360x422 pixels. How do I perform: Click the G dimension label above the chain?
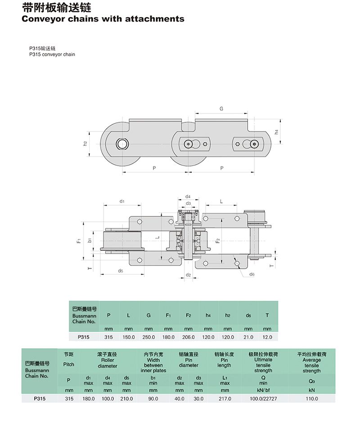(221, 109)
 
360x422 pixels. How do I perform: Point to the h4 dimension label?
(276, 132)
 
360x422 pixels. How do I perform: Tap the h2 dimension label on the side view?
(85, 144)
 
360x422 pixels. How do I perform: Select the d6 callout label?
(252, 274)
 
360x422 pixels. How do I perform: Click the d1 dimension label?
(122, 201)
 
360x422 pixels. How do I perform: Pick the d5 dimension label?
(120, 271)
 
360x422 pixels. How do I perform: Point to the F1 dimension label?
(79, 240)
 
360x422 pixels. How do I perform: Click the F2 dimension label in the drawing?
(218, 240)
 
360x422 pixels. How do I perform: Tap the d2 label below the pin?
(188, 275)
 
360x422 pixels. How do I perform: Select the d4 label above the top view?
(188, 197)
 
